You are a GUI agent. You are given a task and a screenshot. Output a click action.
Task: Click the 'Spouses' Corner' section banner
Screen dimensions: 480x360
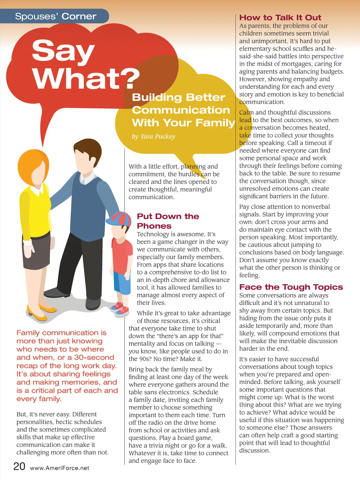pos(56,17)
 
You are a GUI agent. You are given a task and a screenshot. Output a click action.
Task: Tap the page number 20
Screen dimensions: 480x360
pos(19,466)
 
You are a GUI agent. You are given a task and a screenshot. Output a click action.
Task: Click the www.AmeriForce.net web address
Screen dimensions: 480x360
pos(59,468)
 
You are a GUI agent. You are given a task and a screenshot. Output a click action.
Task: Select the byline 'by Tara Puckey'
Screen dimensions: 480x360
pos(153,136)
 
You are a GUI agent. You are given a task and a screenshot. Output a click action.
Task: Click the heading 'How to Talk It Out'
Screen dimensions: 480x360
pos(280,18)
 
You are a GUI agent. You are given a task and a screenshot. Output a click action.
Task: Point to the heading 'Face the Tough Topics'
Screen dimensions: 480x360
pos(291,287)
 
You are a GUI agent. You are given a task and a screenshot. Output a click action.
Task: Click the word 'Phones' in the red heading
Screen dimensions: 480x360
pos(154,226)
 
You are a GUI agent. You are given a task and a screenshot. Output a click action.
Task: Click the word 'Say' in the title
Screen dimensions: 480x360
pos(63,51)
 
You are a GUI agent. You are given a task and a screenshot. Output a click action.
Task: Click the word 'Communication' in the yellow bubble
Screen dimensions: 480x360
pos(181,110)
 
